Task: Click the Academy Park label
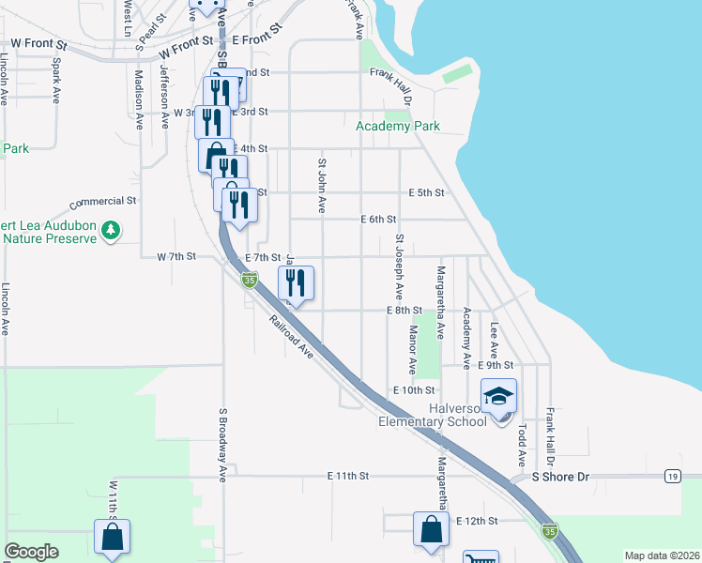coord(398,126)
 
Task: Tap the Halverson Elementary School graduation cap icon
coord(499,395)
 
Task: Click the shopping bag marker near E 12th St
coord(431,528)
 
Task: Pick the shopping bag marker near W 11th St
coord(112,539)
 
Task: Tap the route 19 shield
coord(673,477)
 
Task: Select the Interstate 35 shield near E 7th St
coord(249,279)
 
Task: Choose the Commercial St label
coord(103,201)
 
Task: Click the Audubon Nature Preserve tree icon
coord(111,229)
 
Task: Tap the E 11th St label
coord(348,477)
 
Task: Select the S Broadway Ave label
coord(223,445)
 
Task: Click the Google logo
coord(31,552)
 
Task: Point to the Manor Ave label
coord(412,349)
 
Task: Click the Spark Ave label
coord(56,81)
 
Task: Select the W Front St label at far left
coord(39,43)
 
